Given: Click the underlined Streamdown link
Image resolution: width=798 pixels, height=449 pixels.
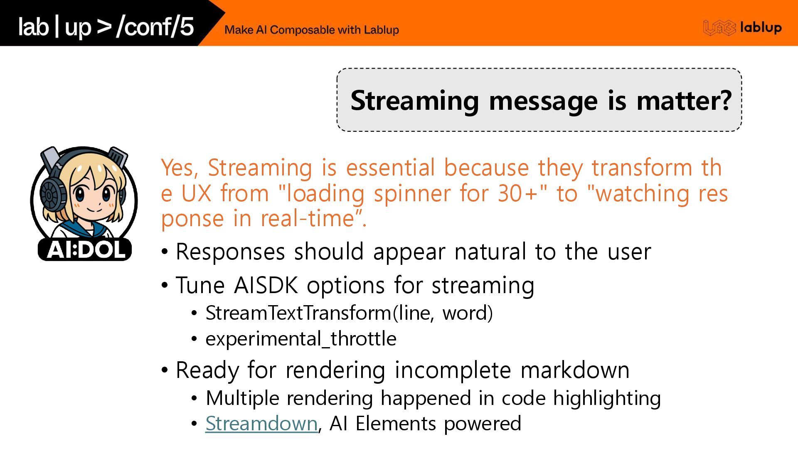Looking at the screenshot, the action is pyautogui.click(x=261, y=424).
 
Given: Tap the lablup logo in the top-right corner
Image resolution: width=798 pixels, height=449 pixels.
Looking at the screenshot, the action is pyautogui.click(x=742, y=28).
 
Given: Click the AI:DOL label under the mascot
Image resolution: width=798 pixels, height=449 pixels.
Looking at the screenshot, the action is pyautogui.click(x=85, y=249).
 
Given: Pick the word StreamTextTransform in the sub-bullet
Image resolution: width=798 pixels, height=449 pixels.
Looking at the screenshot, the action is pyautogui.click(x=298, y=313).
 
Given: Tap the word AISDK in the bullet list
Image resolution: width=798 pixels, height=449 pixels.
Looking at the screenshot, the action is pyautogui.click(x=266, y=285).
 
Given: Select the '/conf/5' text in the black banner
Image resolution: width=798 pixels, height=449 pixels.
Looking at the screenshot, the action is pyautogui.click(x=155, y=27).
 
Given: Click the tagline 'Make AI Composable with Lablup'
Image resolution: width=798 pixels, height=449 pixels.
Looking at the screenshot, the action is pyautogui.click(x=312, y=30).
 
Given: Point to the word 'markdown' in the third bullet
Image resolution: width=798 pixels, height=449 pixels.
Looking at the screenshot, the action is pyautogui.click(x=575, y=370).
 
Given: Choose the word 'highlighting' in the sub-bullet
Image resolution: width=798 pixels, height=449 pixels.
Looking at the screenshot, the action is pyautogui.click(x=607, y=398).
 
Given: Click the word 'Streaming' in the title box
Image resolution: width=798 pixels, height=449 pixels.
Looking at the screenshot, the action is pyautogui.click(x=414, y=101).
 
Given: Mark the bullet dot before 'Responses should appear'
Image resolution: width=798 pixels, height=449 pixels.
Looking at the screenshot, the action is pyautogui.click(x=165, y=252).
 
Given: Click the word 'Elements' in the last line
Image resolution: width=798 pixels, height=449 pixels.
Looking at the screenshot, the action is pyautogui.click(x=395, y=424).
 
